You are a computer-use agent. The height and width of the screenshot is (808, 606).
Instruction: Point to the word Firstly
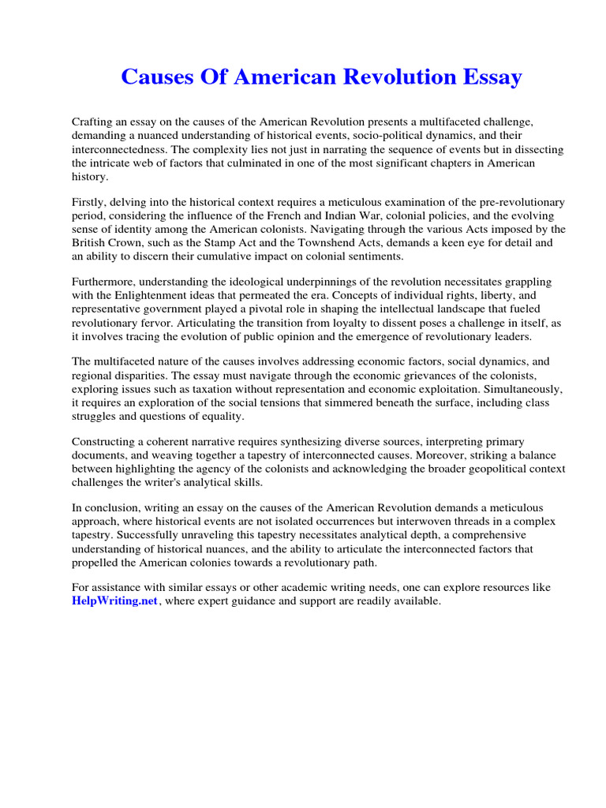coord(90,204)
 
